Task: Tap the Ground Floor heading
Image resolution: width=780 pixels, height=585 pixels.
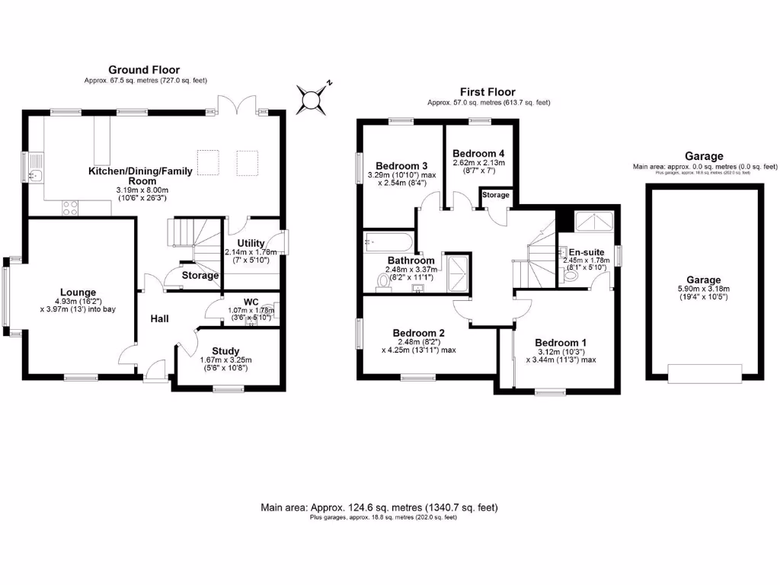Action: tap(144, 70)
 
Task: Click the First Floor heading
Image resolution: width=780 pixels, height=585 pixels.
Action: tap(488, 91)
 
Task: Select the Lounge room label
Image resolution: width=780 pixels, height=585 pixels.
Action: tap(78, 292)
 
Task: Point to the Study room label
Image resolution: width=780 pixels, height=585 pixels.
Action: tap(225, 351)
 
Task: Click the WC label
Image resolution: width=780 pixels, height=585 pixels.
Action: tap(251, 302)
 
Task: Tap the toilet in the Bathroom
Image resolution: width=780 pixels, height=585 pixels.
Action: tap(383, 281)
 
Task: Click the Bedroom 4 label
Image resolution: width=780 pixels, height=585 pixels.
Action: tap(479, 152)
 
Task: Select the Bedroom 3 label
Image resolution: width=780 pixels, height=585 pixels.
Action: tap(401, 165)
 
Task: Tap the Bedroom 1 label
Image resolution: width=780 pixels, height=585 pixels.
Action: tap(560, 342)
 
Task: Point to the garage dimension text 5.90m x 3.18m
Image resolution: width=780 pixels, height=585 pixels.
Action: tap(703, 289)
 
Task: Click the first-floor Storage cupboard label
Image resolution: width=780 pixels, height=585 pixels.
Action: tap(495, 196)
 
